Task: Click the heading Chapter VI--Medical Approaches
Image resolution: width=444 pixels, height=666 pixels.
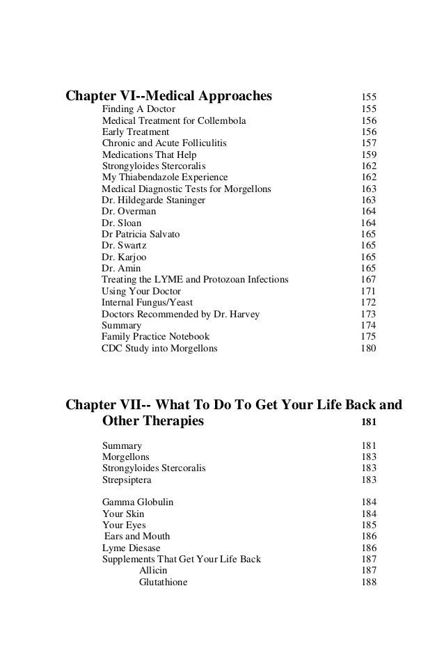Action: pyautogui.click(x=168, y=95)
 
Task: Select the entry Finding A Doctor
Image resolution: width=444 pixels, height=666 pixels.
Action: pyautogui.click(x=138, y=109)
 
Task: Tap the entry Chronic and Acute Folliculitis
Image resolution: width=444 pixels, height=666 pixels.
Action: pyautogui.click(x=164, y=143)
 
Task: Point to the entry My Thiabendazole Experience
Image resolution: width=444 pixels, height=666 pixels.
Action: pyautogui.click(x=165, y=177)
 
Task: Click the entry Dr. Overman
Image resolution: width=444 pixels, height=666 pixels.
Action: pyautogui.click(x=129, y=211)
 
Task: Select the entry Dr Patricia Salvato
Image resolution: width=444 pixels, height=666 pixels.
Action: pyautogui.click(x=141, y=234)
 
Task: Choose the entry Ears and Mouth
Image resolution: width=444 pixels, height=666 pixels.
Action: pyautogui.click(x=137, y=537)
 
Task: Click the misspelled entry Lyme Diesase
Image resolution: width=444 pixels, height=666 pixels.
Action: pyautogui.click(x=131, y=548)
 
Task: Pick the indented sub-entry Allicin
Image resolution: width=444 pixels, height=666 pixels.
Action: pyautogui.click(x=153, y=571)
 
